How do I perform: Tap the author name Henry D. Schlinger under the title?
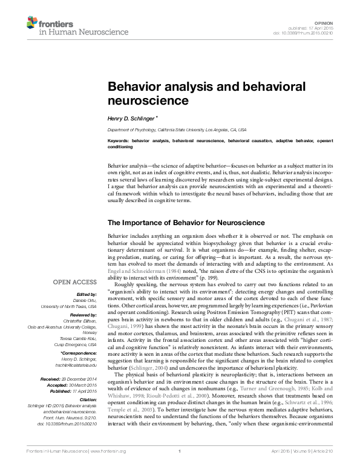point(131,119)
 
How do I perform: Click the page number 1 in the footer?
point(180,468)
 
